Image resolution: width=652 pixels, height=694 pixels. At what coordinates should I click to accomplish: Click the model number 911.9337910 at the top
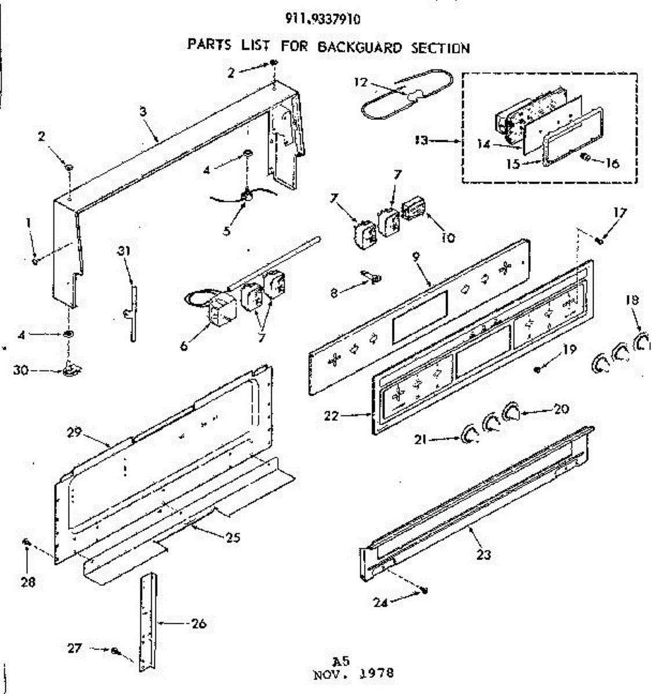[x=323, y=19]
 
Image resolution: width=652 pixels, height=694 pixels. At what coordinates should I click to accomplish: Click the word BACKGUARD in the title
[x=359, y=47]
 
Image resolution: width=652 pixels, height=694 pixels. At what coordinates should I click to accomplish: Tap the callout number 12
[x=360, y=82]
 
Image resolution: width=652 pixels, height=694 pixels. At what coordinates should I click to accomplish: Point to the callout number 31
[x=125, y=251]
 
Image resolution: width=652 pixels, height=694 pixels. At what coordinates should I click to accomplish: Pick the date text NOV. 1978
[x=353, y=674]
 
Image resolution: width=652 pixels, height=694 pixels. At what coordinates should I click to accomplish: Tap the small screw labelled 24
[x=426, y=590]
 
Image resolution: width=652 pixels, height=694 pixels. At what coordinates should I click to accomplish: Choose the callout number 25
[x=233, y=537]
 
